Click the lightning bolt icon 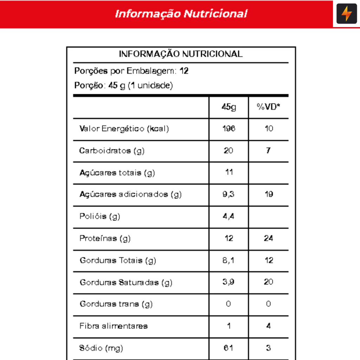pos(347,14)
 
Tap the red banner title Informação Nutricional pos(181,14)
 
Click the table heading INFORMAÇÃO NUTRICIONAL pos(181,54)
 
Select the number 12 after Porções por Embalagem pos(184,71)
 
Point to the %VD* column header pos(269,107)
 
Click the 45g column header pos(229,107)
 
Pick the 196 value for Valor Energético pos(229,129)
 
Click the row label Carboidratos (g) pos(112,151)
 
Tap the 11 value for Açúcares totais pos(229,173)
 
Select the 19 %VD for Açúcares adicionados pos(269,194)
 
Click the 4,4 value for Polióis pos(229,216)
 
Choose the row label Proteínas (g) pos(105,238)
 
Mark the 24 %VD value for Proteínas pos(269,238)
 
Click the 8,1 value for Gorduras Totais pos(229,261)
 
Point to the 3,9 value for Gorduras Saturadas pos(229,282)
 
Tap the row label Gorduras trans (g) pos(116,304)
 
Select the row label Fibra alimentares pos(114,326)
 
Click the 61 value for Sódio pos(229,348)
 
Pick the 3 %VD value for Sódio pos(269,348)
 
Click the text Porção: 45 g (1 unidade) pos(123,86)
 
